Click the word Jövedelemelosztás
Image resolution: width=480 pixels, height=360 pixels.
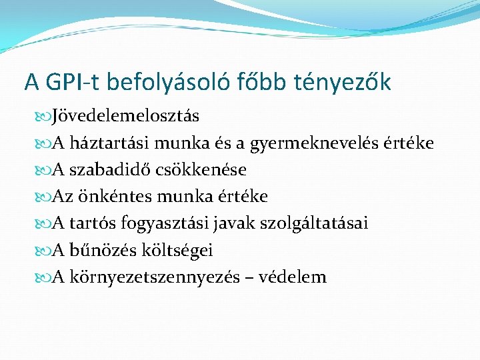pos(125,116)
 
